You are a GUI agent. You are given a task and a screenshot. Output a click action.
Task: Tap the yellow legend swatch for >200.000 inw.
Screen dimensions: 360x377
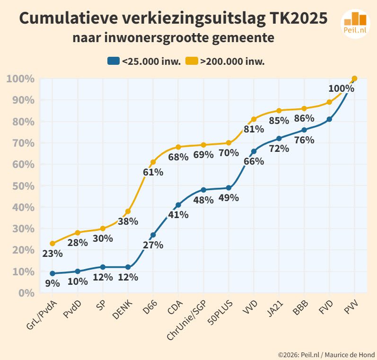pos(191,61)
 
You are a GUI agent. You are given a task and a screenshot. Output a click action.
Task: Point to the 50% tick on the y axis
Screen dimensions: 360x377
pos(20,186)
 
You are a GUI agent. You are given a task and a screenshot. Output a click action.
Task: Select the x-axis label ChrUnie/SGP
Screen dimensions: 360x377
pos(186,322)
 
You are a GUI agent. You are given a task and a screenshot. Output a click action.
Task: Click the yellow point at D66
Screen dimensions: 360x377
pos(153,162)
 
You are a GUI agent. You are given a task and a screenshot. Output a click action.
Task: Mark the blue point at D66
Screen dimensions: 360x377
pos(153,235)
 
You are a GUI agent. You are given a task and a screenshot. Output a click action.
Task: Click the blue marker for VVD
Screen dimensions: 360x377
pos(254,151)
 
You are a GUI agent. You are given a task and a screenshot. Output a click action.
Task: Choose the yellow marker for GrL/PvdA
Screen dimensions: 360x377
pos(52,244)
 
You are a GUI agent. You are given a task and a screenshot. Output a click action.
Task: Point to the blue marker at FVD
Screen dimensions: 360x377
pos(329,119)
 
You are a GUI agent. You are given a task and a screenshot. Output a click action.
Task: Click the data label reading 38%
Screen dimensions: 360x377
pos(128,221)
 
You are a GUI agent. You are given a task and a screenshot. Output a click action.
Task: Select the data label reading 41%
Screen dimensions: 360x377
pos(178,215)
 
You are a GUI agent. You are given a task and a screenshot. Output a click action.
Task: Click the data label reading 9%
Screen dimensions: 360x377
pos(52,283)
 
